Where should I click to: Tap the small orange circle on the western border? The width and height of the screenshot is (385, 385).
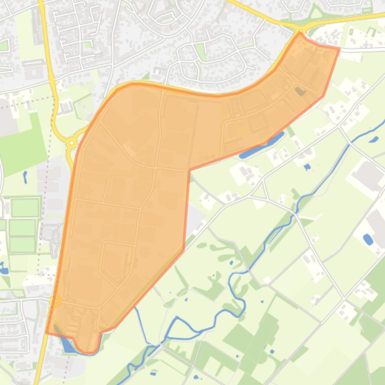55,300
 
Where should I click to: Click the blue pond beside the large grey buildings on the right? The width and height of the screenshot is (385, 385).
368,239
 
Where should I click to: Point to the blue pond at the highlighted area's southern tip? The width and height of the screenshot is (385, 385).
66,344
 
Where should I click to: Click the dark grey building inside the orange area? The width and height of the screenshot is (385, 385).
300,91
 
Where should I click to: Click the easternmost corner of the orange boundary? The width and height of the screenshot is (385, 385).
339,48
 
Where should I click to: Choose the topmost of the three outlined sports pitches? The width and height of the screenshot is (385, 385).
25,207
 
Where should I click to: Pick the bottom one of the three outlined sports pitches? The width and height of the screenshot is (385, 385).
23,244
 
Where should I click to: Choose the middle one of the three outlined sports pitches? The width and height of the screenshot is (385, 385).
23,227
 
